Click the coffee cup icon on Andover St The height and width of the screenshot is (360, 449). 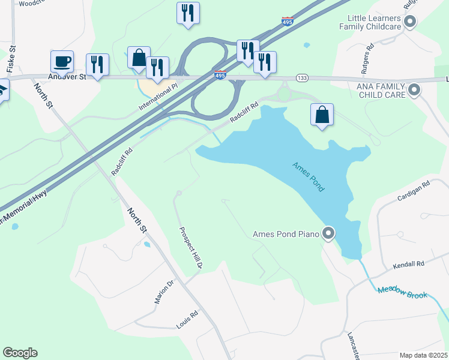62,61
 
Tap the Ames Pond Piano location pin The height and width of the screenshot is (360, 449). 328,233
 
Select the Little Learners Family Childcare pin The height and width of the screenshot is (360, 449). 411,22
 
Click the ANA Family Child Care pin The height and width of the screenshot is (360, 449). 414,91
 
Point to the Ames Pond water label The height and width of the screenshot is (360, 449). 309,177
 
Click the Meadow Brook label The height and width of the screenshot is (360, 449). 402,292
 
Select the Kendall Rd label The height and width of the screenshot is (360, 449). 408,264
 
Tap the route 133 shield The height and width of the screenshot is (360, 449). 301,79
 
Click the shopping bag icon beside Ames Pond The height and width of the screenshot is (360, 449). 322,114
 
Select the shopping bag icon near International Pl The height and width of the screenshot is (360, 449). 139,58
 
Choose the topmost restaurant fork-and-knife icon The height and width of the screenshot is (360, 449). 188,13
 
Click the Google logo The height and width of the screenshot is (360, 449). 20,353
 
